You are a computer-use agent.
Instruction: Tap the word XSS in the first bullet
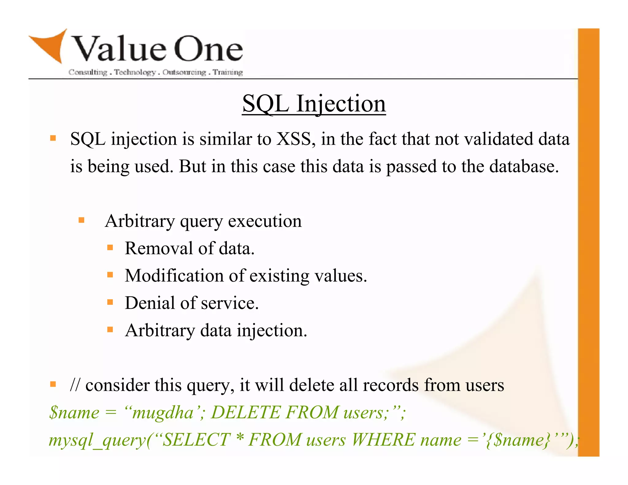pyautogui.click(x=296, y=139)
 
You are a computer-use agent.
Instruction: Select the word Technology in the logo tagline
pyautogui.click(x=135, y=72)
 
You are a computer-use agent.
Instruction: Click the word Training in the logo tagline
pyautogui.click(x=228, y=72)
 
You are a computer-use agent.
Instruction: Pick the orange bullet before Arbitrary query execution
pyautogui.click(x=81, y=220)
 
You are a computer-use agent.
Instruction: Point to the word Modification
pyautogui.click(x=174, y=275)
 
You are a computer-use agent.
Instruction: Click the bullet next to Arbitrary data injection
pyautogui.click(x=110, y=330)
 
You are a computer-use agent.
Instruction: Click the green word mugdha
pyautogui.click(x=163, y=412)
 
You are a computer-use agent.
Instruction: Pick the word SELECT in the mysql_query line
pyautogui.click(x=196, y=440)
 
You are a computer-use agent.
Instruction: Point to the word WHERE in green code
pyautogui.click(x=382, y=440)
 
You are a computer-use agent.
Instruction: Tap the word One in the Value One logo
pyautogui.click(x=209, y=49)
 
